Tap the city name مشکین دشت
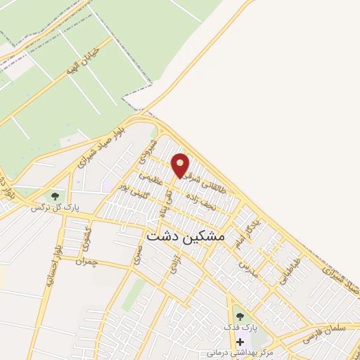tap(186, 238)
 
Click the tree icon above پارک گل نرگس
tap(56, 196)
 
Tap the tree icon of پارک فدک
tap(239, 316)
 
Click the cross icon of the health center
tap(239, 341)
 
